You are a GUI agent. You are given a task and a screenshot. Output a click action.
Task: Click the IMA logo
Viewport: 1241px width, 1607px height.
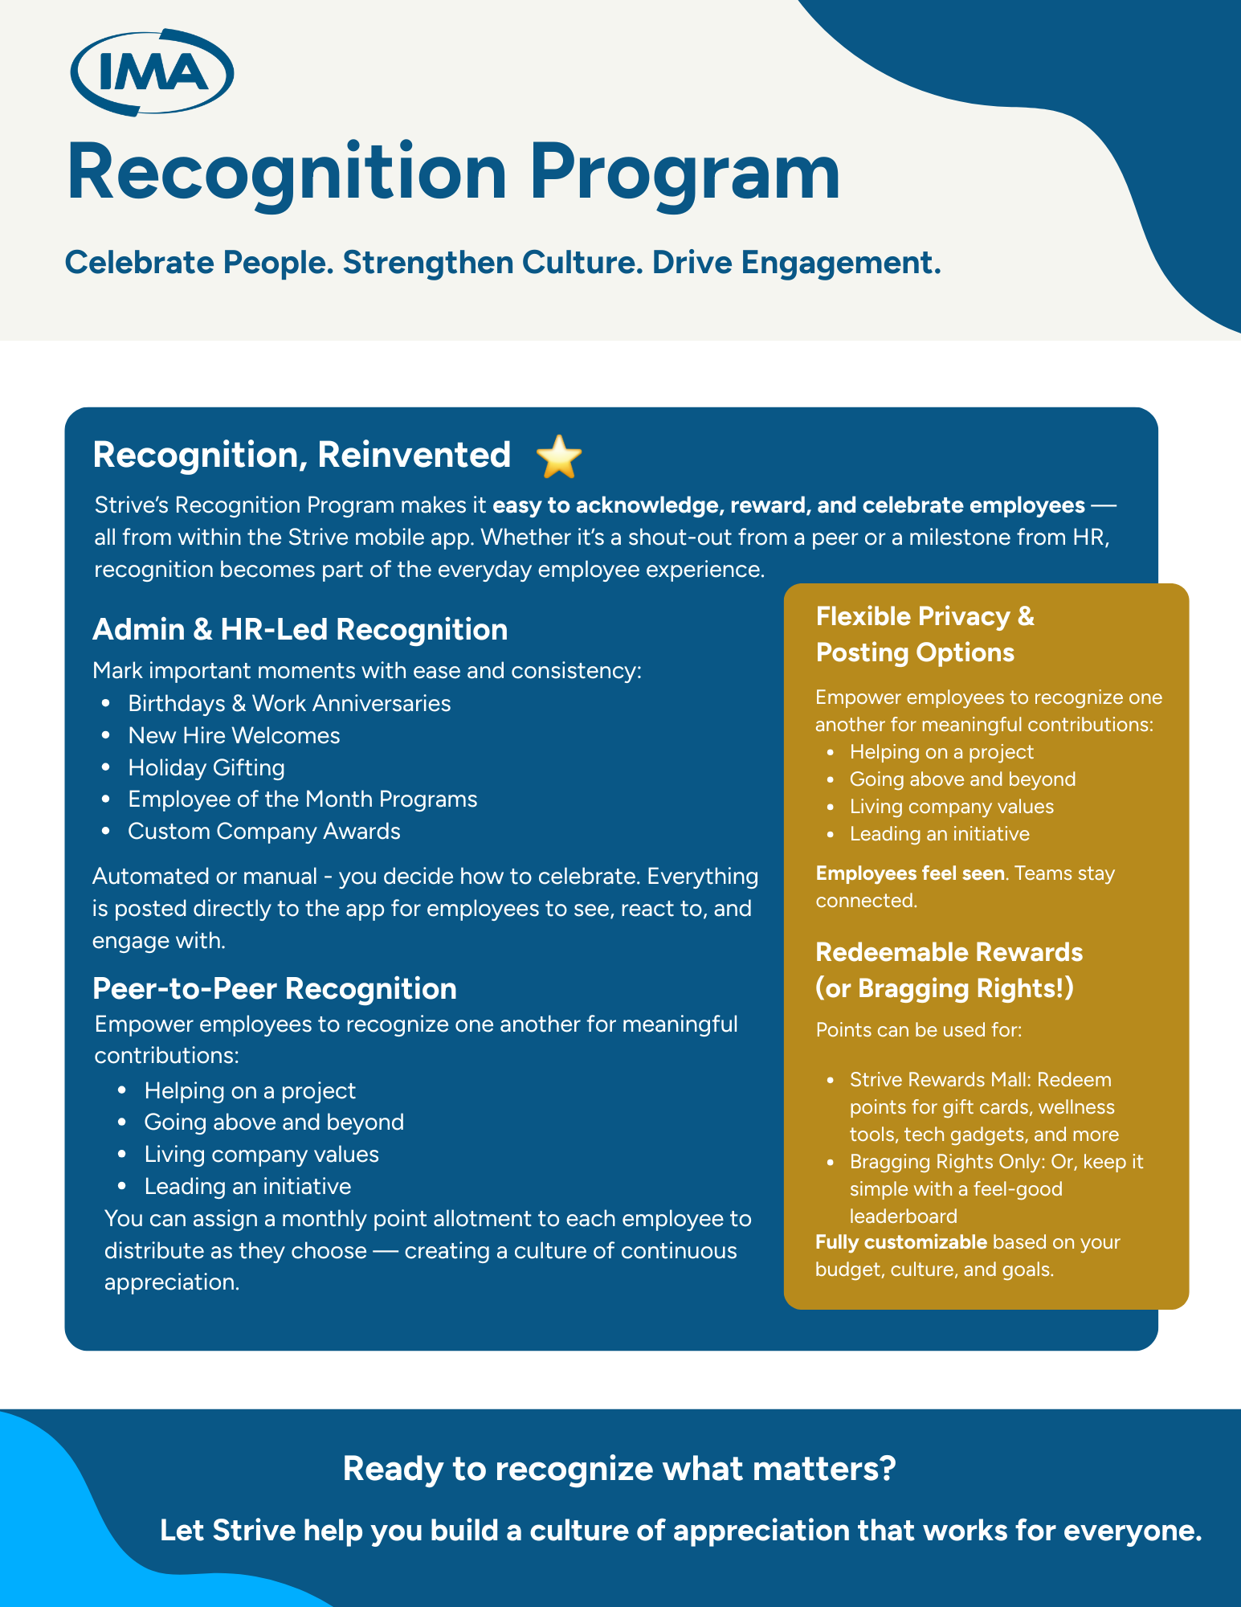[x=152, y=73]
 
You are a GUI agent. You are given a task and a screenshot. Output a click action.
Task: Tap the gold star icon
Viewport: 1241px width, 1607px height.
[x=559, y=456]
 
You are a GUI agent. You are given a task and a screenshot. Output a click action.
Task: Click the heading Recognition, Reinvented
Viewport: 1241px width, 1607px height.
[x=301, y=455]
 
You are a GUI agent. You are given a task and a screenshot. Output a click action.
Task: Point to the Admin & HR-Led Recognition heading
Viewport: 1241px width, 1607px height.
[x=300, y=629]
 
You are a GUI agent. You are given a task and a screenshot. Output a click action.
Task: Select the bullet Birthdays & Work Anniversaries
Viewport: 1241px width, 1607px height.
[x=289, y=703]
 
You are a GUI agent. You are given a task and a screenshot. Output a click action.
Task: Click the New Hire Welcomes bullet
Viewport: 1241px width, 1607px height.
[x=234, y=735]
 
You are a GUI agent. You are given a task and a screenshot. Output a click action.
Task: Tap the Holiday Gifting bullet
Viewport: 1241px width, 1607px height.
[x=206, y=767]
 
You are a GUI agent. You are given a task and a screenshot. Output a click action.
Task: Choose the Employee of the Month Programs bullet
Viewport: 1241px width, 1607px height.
[x=302, y=799]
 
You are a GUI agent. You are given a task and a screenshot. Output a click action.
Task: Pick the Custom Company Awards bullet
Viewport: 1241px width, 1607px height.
[x=263, y=831]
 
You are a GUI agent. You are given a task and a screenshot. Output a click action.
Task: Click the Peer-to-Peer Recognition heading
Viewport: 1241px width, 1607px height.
[x=274, y=988]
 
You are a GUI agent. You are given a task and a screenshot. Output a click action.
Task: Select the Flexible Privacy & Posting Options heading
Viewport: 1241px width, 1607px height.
[x=925, y=634]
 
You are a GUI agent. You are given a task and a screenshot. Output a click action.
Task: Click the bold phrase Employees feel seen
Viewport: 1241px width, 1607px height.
[x=909, y=873]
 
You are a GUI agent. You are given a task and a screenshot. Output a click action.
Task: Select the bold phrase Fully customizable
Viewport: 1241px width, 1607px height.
[x=900, y=1242]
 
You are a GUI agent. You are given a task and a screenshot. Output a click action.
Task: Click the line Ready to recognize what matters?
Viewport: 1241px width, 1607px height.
[x=618, y=1469]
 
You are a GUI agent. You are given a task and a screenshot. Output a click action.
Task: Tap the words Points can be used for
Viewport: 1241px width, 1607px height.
[x=918, y=1030]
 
